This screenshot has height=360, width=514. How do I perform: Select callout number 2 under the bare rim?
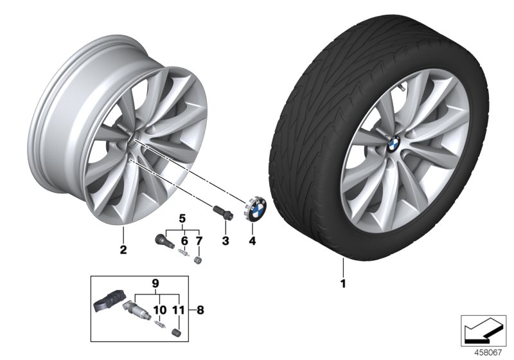point(123,249)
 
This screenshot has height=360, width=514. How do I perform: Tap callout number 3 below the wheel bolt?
point(226,241)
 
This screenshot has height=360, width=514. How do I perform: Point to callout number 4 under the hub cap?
point(253,241)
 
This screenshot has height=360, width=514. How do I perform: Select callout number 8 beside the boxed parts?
point(200,309)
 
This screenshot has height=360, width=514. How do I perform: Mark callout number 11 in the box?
point(179,310)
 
